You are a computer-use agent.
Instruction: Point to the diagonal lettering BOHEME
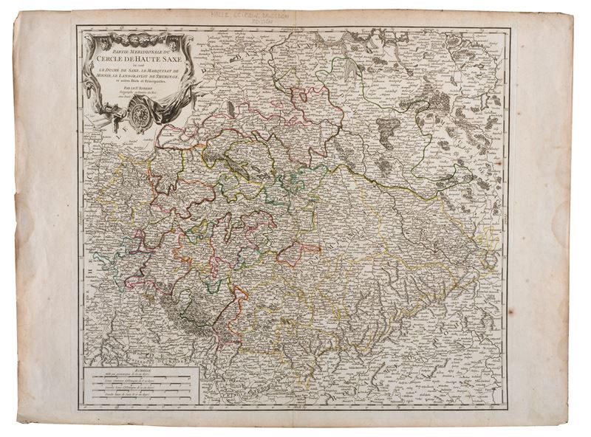tap(414, 347)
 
